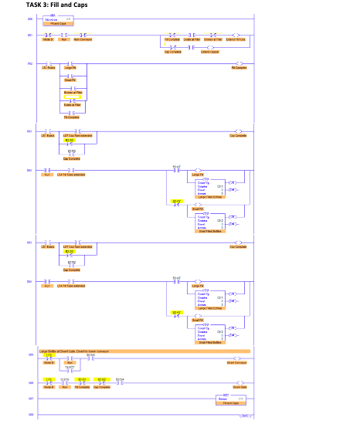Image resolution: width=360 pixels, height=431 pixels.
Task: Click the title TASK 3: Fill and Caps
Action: (x=46, y=5)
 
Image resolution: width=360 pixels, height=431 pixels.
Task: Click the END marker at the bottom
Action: (x=246, y=417)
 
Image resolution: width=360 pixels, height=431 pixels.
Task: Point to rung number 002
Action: (x=29, y=64)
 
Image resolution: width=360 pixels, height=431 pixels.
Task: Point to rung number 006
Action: (x=29, y=382)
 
